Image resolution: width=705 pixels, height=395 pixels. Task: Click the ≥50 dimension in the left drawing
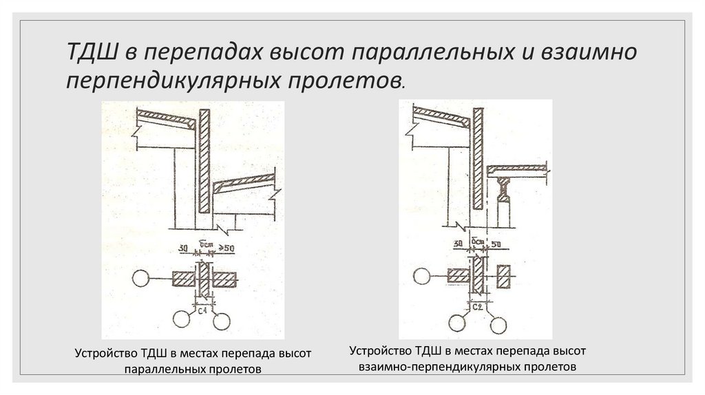pos(226,248)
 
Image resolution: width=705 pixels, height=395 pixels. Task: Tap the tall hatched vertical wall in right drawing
pos(477,159)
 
